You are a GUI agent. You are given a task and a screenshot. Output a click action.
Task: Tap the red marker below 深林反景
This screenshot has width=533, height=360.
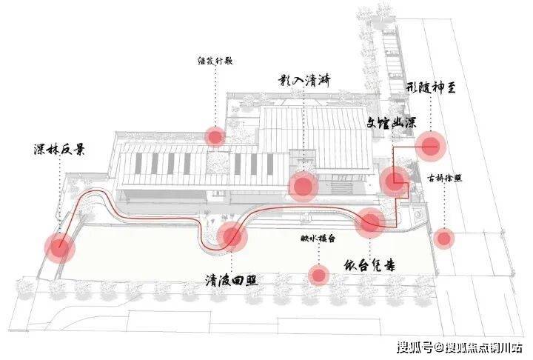tap(58, 247)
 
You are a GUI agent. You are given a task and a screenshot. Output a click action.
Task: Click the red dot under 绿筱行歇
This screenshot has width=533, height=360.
tap(215, 136)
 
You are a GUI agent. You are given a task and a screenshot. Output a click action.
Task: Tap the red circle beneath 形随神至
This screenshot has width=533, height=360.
tap(429, 145)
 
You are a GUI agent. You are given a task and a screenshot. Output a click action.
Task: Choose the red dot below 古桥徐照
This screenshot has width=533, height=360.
tap(443, 239)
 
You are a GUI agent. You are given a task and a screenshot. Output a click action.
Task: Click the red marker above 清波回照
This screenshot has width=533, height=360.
tap(232, 236)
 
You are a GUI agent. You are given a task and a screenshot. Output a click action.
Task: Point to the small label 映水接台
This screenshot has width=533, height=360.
tap(318, 239)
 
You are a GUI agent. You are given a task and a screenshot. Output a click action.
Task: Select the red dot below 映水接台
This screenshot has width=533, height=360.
tap(319, 276)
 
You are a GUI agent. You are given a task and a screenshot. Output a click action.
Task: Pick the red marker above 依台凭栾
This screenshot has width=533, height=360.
tap(369, 221)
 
